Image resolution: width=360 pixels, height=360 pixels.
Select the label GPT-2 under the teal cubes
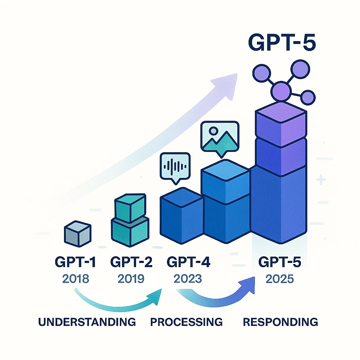click(x=131, y=262)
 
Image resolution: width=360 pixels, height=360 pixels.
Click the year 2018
click(x=76, y=278)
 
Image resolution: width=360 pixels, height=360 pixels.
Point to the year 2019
click(x=131, y=278)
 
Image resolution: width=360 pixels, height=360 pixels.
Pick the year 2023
click(x=188, y=278)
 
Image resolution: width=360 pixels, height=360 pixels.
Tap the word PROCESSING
click(x=186, y=321)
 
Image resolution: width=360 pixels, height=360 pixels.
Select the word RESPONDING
click(x=280, y=321)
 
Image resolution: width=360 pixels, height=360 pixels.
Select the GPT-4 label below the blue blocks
click(x=188, y=262)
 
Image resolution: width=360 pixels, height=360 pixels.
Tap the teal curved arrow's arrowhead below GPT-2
click(x=155, y=294)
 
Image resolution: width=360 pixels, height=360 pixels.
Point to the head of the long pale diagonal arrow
click(x=229, y=79)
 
